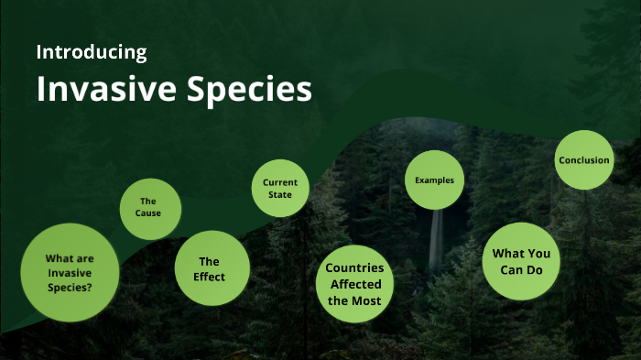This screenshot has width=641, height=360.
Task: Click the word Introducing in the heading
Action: click(x=91, y=52)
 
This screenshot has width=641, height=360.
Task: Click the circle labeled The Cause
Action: click(x=150, y=208)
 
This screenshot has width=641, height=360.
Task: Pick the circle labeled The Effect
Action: click(x=212, y=267)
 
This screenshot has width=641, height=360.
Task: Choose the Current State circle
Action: click(x=280, y=188)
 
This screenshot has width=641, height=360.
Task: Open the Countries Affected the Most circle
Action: click(x=354, y=284)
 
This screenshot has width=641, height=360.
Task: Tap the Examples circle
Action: click(x=434, y=180)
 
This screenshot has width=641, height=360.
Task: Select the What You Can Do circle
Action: click(x=521, y=261)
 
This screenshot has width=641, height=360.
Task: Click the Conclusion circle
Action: click(x=583, y=160)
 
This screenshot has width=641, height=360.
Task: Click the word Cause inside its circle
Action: click(x=149, y=214)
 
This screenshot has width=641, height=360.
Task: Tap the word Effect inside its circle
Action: click(x=210, y=277)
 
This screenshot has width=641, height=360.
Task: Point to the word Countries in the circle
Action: click(x=354, y=268)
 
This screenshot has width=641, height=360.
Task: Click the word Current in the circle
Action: click(x=280, y=182)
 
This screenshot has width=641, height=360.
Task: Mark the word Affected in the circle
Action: click(x=354, y=285)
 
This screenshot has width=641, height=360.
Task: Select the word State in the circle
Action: click(x=280, y=195)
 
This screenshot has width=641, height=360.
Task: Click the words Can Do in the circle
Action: click(x=521, y=270)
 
